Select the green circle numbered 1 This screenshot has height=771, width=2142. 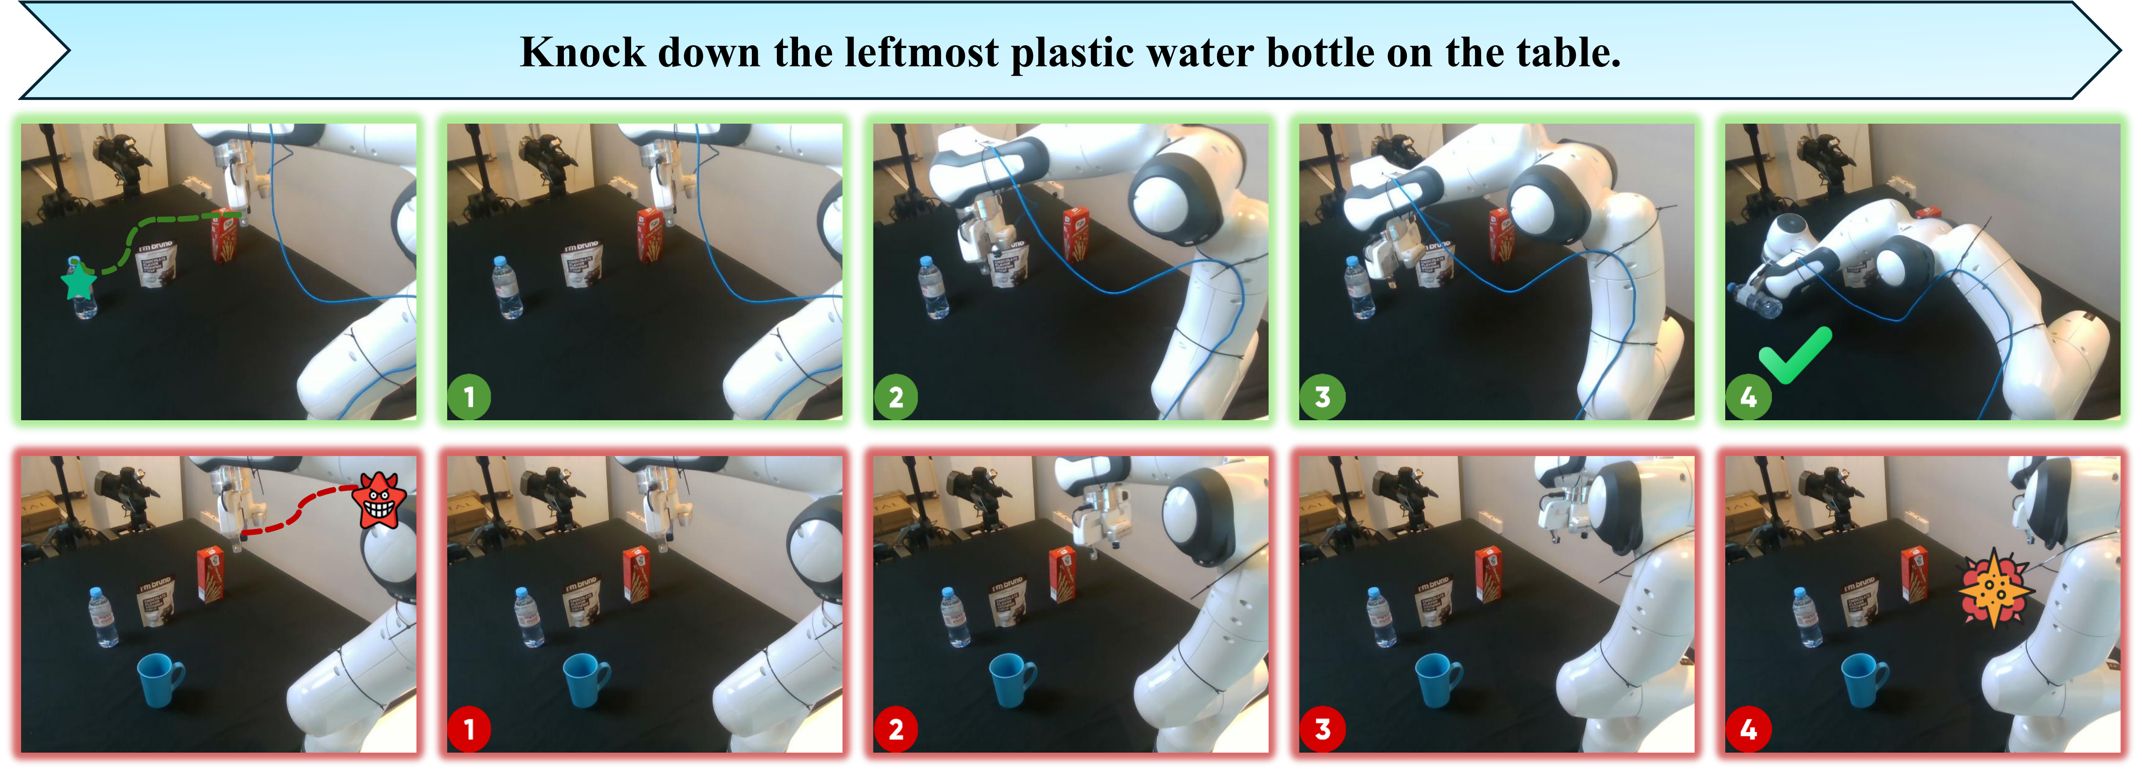tap(469, 397)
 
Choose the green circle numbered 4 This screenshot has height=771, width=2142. tap(1748, 397)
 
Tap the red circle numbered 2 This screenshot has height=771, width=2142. tap(895, 729)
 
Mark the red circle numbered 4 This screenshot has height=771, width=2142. tap(1748, 729)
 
